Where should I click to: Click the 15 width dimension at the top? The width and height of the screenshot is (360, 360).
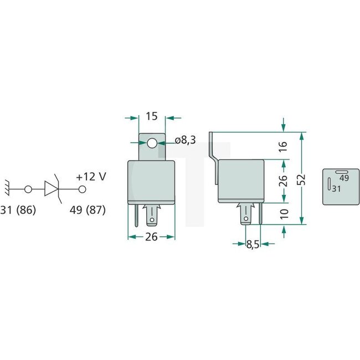click(x=152, y=116)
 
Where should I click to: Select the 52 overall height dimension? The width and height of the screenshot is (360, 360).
click(x=315, y=179)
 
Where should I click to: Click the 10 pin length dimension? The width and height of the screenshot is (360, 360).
click(x=283, y=214)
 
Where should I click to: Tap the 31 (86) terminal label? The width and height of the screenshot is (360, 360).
click(x=20, y=210)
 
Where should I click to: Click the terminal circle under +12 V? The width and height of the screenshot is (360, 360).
click(x=82, y=189)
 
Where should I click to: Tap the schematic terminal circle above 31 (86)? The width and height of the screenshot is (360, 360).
click(x=28, y=189)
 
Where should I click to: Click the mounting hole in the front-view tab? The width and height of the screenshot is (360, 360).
click(x=152, y=143)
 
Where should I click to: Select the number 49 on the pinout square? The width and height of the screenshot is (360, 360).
click(x=343, y=178)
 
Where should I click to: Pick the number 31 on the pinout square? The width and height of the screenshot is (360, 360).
click(x=336, y=188)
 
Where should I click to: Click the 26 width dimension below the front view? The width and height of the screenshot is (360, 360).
click(x=152, y=237)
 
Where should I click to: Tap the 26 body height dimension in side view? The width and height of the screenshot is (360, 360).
click(x=283, y=181)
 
